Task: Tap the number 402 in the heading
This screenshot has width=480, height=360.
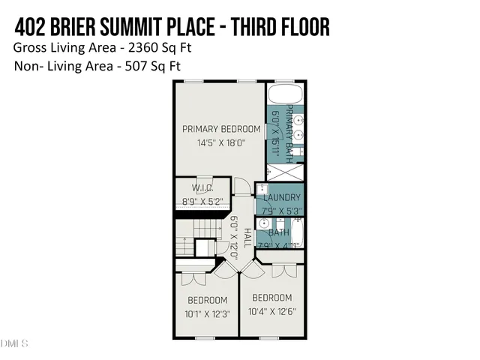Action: [x=33, y=27]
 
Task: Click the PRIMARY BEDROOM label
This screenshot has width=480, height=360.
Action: [x=221, y=129]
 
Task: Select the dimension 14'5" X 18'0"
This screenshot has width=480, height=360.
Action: [x=221, y=142]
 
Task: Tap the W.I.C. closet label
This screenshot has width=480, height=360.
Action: [x=202, y=188]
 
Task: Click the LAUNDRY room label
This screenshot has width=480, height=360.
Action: [x=281, y=198]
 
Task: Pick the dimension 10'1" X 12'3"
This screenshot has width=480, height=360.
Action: [x=206, y=313]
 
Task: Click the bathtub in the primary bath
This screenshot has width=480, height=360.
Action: [x=285, y=96]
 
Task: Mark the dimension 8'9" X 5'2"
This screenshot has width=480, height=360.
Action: [x=202, y=202]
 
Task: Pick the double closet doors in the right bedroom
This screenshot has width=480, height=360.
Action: [x=278, y=271]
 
